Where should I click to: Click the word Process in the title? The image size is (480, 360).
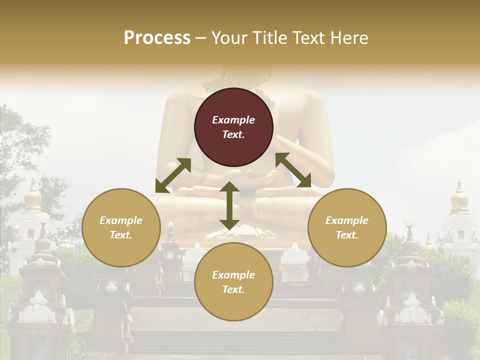click(157, 38)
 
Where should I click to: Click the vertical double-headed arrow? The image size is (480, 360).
click(229, 205)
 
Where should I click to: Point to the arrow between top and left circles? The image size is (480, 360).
click(173, 175)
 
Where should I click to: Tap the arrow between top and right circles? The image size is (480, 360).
click(293, 170)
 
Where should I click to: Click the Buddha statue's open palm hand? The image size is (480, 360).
click(260, 176)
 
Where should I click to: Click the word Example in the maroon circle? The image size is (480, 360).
click(233, 120)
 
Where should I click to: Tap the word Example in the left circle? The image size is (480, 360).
click(121, 220)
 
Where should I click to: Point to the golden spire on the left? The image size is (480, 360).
click(33, 197)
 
